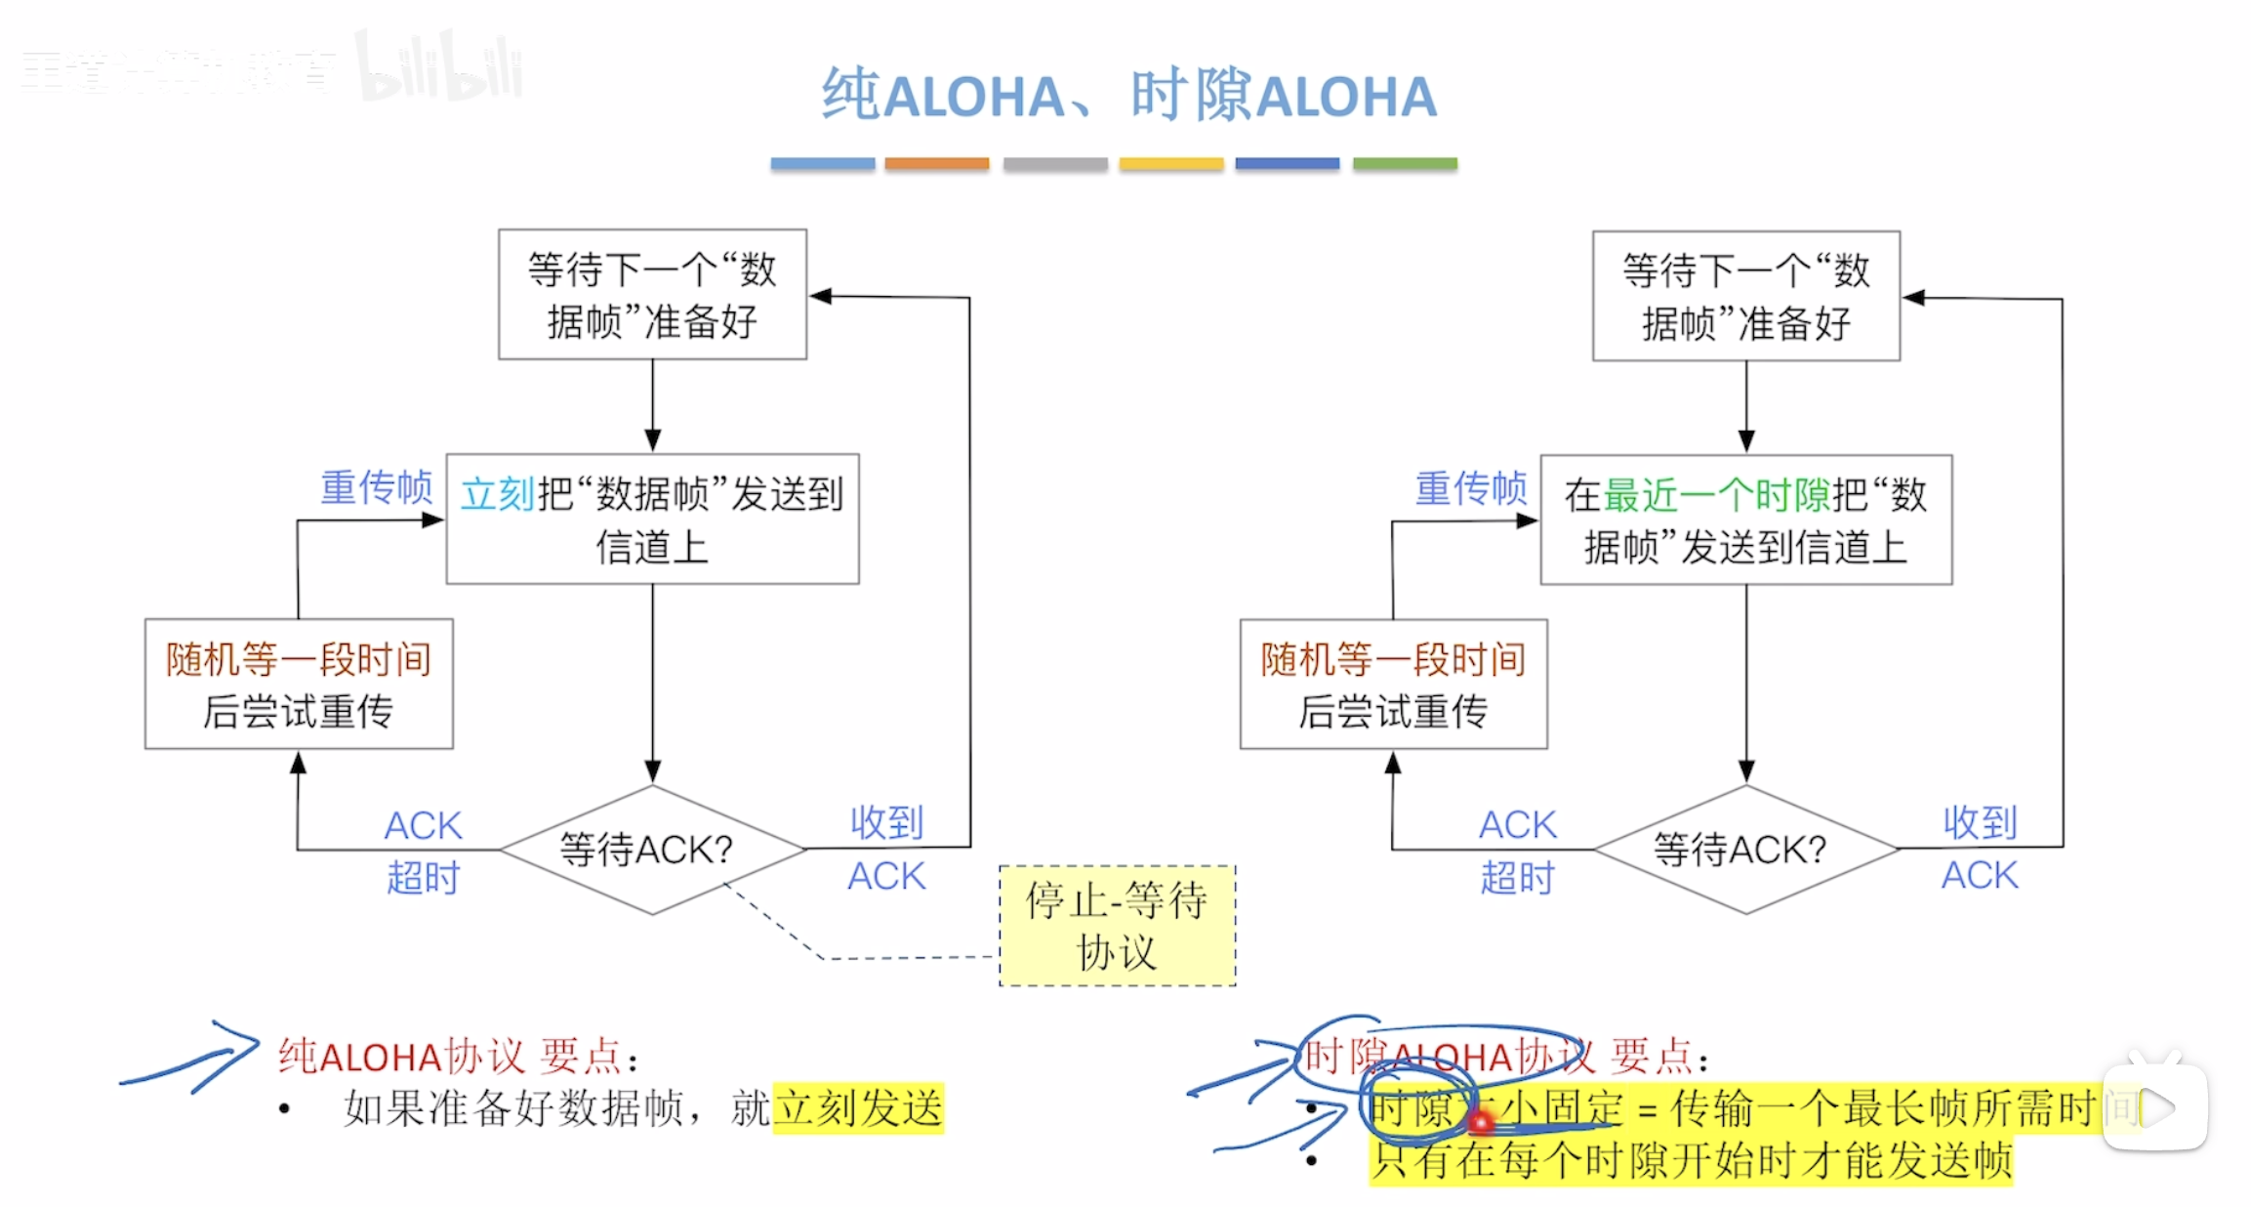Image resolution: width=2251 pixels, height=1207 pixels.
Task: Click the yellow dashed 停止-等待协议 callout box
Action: coord(1117,925)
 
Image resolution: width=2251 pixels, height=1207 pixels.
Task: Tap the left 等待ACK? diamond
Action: coord(652,849)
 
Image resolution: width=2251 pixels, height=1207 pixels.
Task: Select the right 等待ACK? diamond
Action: coord(1745,849)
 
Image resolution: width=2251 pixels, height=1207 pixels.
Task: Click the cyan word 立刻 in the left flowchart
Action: coord(498,494)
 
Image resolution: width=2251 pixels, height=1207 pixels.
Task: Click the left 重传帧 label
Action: coord(377,487)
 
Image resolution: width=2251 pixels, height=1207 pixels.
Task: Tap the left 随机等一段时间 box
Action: coord(299,684)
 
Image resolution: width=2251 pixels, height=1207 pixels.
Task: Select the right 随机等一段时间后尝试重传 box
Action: coord(1393,684)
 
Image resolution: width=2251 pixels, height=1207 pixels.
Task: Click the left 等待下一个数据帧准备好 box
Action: coord(652,295)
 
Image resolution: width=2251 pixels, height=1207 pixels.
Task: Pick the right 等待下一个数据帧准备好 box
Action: coord(1745,296)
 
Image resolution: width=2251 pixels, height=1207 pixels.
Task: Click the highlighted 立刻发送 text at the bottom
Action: coord(858,1108)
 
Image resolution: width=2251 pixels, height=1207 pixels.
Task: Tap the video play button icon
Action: coord(2155,1107)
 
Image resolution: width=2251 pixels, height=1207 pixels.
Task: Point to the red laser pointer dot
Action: coord(1480,1124)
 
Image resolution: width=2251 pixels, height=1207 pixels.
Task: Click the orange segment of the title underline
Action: coord(936,164)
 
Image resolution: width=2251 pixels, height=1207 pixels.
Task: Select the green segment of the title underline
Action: coord(1405,164)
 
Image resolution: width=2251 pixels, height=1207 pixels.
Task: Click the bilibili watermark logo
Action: coord(439,68)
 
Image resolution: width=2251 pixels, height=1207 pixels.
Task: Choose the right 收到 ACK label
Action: coord(1980,849)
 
